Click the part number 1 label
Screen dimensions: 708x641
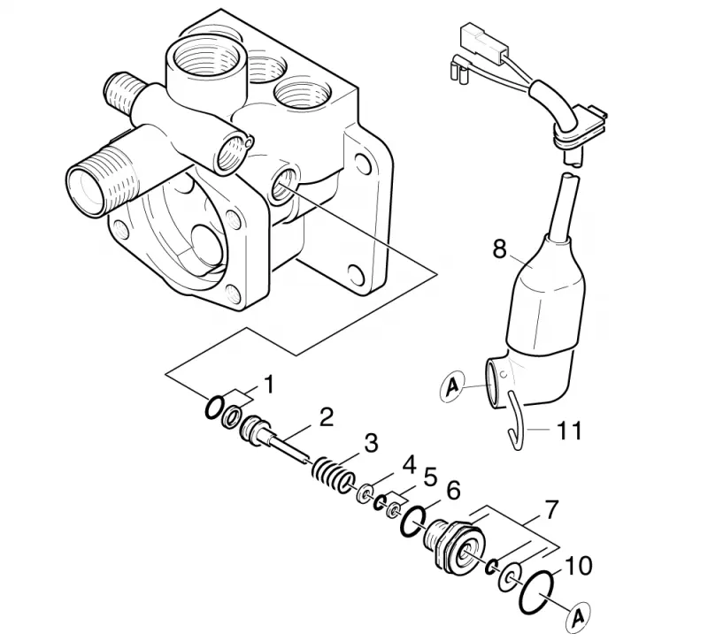click(x=269, y=385)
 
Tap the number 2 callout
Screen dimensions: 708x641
click(x=326, y=417)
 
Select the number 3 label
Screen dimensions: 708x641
click(x=370, y=444)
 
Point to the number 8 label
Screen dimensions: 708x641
click(x=499, y=248)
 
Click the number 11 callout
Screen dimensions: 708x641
click(x=568, y=431)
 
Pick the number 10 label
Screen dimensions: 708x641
click(x=577, y=567)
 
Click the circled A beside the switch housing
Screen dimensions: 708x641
click(x=452, y=386)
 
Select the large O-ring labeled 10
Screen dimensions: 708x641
click(x=536, y=592)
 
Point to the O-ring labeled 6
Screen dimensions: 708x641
click(x=413, y=521)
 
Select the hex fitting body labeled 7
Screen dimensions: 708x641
click(x=454, y=546)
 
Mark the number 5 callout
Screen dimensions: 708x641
click(x=429, y=477)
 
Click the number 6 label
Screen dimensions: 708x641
click(x=453, y=491)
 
